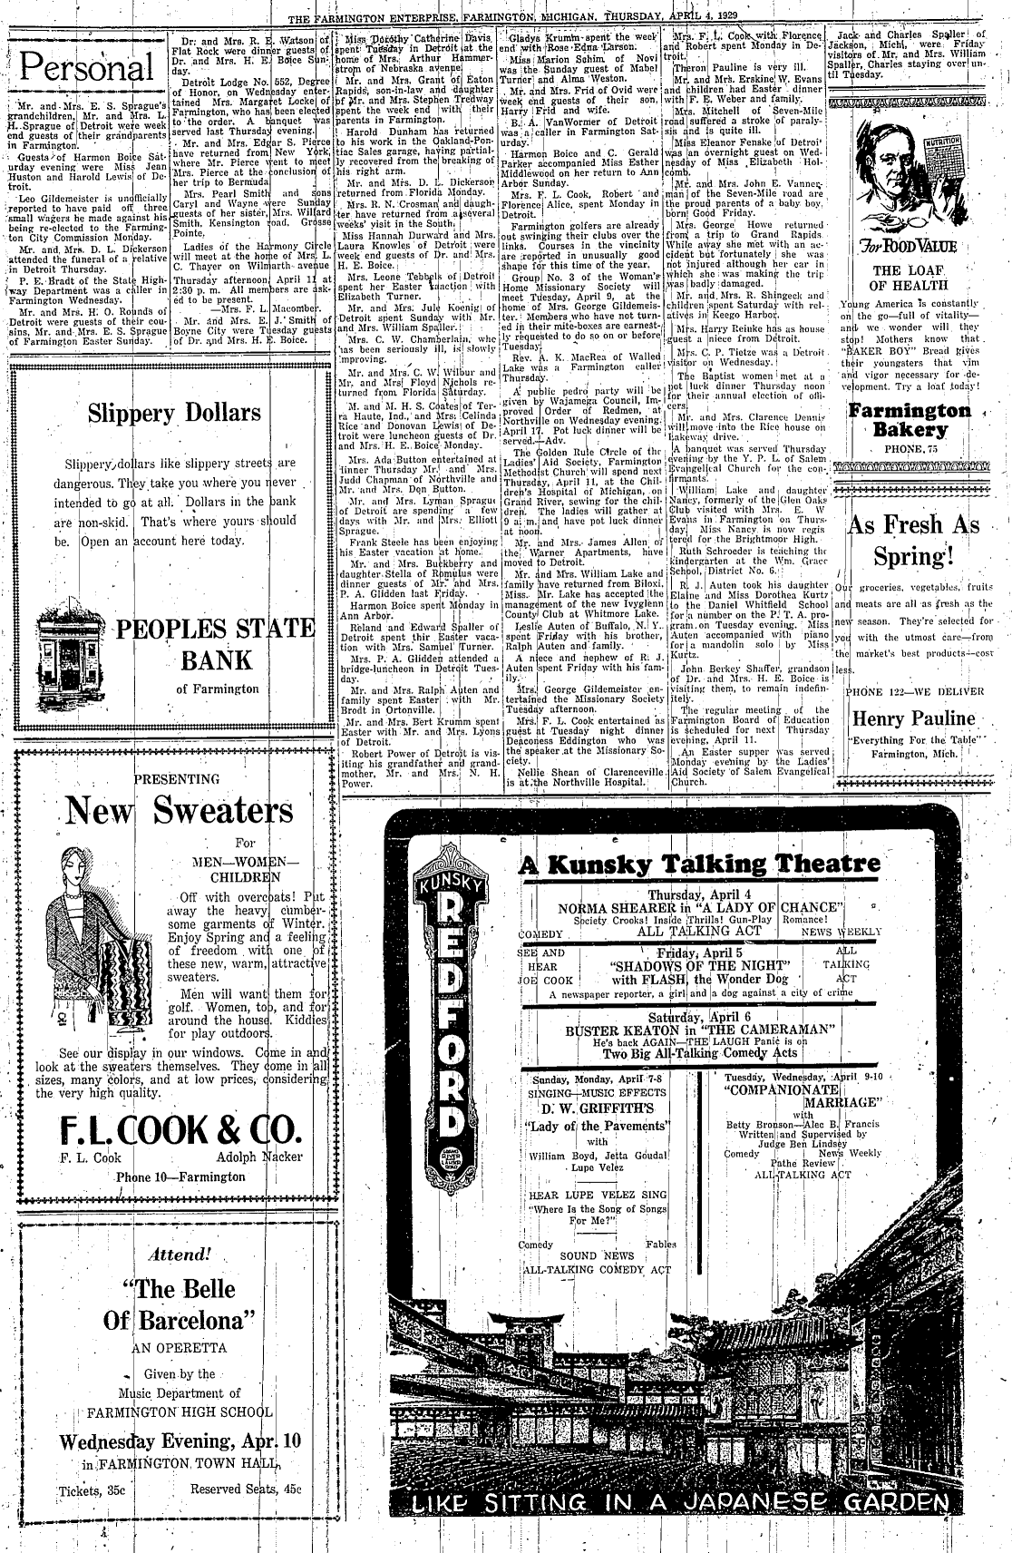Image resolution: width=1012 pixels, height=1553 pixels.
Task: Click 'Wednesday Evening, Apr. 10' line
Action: pyautogui.click(x=180, y=1441)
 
